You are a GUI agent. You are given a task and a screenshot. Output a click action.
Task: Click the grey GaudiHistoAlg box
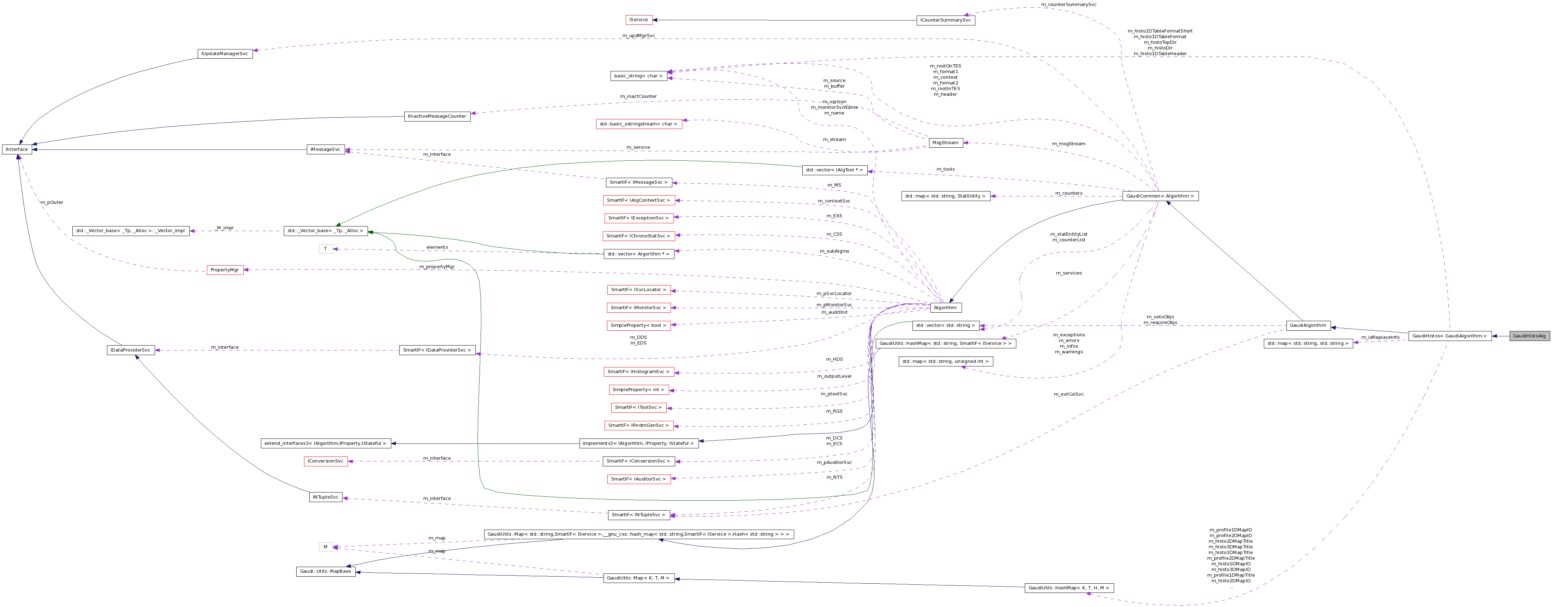(x=1529, y=336)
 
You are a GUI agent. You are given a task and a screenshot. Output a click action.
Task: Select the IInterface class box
(x=17, y=149)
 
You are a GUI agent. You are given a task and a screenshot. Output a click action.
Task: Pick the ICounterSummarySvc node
(x=945, y=20)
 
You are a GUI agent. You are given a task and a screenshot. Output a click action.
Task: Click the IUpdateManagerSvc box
(x=225, y=54)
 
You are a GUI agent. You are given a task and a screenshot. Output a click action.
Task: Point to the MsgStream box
(x=945, y=143)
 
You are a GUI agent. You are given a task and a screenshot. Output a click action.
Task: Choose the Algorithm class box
(x=945, y=307)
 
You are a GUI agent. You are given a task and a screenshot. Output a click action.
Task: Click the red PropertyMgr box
(x=225, y=270)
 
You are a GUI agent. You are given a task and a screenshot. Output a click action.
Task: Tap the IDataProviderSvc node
(x=131, y=350)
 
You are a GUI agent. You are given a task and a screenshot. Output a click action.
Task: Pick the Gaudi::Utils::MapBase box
(x=325, y=571)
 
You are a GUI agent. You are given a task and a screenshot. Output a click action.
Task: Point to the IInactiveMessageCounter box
(x=437, y=116)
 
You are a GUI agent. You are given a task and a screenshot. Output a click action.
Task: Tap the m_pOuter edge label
(x=52, y=202)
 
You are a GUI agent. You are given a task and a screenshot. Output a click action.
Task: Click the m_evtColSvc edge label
(x=1068, y=394)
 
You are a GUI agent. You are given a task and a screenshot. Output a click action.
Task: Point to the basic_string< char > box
(x=638, y=76)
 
